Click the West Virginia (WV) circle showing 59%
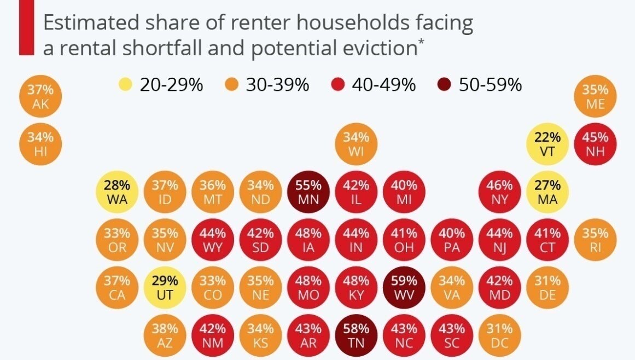click(404, 288)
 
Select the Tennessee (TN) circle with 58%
click(356, 336)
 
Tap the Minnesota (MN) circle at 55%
click(308, 192)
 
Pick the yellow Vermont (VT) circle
click(547, 144)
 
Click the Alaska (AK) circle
click(40, 96)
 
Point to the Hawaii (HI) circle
click(40, 144)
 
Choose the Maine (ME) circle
click(596, 96)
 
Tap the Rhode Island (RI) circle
click(596, 240)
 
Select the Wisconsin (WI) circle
click(356, 144)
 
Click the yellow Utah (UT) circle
click(165, 288)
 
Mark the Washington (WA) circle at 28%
click(117, 192)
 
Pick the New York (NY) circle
click(500, 192)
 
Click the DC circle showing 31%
click(500, 336)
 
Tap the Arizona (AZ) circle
click(165, 336)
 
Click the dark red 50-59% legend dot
click(444, 85)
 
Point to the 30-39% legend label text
click(277, 85)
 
